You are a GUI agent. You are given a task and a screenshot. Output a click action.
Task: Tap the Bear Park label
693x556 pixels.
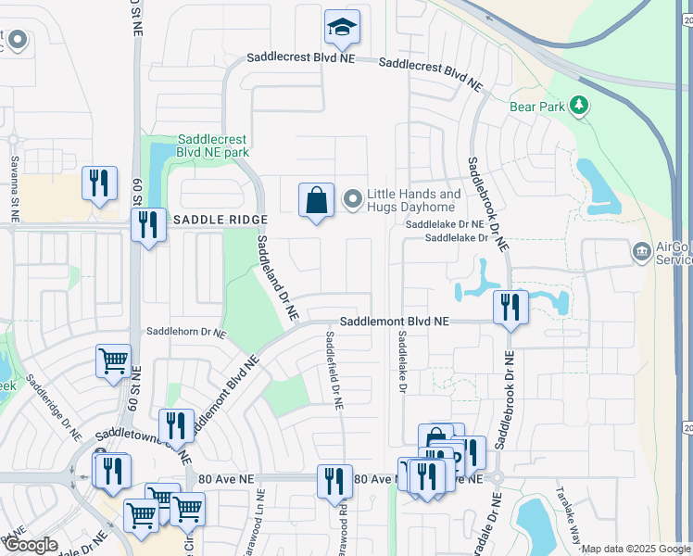(535, 107)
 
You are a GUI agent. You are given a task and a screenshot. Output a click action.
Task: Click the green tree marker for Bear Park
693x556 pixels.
(580, 106)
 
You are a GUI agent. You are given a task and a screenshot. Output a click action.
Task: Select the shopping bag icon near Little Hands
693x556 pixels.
(316, 200)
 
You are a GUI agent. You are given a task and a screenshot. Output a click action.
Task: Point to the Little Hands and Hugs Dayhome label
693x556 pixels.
(413, 200)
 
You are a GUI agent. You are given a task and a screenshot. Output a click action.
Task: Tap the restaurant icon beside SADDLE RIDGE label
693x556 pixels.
(148, 224)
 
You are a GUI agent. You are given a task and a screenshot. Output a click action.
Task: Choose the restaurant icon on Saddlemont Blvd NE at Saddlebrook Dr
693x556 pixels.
(510, 307)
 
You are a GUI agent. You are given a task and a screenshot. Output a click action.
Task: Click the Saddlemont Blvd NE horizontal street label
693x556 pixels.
(394, 322)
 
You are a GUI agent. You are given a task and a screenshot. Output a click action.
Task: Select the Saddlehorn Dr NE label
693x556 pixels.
(186, 332)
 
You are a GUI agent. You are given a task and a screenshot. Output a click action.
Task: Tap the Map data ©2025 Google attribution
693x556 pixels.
(635, 550)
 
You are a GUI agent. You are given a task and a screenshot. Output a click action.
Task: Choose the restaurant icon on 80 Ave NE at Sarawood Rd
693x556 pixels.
(334, 481)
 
